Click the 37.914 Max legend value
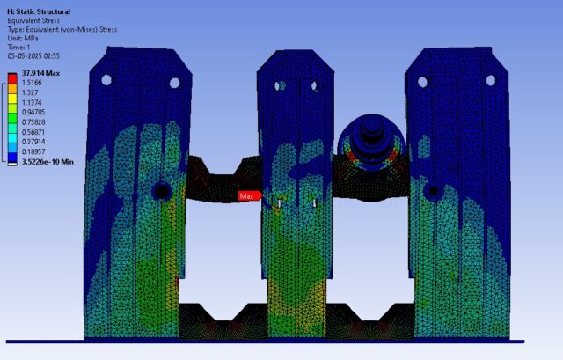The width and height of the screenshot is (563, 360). pos(41,73)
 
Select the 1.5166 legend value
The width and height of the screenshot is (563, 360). pos(32,83)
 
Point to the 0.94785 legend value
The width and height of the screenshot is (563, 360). pos(33,112)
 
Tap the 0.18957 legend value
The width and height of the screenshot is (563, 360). pos(33,151)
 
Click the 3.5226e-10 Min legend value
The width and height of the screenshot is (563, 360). pos(48,162)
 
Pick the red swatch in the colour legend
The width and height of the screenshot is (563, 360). pos(12,78)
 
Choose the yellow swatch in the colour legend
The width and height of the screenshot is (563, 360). pos(12,99)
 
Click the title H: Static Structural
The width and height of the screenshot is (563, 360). pos(39,11)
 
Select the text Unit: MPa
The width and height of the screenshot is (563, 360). pos(23,39)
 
